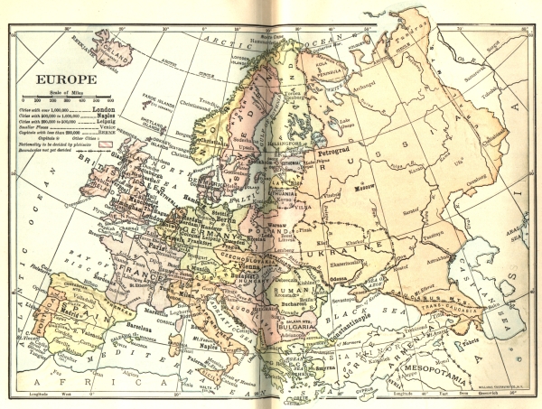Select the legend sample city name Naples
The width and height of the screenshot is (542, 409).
(x=105, y=116)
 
